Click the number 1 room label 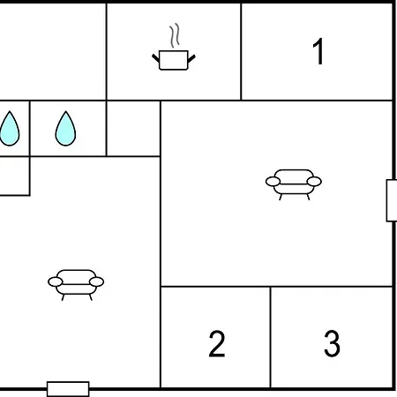click(x=318, y=51)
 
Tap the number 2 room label click(x=217, y=343)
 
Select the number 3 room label click(x=332, y=343)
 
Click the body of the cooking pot click(x=174, y=60)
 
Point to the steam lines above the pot click(x=175, y=35)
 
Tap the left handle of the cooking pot click(x=156, y=57)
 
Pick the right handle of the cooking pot click(x=191, y=58)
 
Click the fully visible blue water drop click(x=65, y=130)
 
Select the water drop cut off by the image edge click(x=10, y=130)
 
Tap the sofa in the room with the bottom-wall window click(x=76, y=284)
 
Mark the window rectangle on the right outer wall click(x=392, y=200)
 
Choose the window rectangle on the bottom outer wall click(x=68, y=389)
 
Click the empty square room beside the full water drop click(x=133, y=129)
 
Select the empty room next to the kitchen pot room click(x=52, y=51)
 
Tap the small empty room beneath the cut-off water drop click(x=14, y=176)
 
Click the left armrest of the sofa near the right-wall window click(x=273, y=182)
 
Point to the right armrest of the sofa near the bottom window click(x=97, y=281)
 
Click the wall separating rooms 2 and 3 click(x=270, y=337)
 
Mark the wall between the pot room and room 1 click(x=241, y=51)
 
